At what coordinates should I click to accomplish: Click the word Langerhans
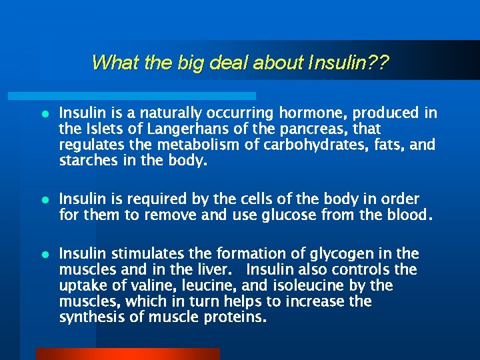click(x=157, y=129)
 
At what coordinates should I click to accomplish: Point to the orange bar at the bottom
click(x=127, y=353)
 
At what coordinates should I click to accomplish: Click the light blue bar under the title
click(x=147, y=96)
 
